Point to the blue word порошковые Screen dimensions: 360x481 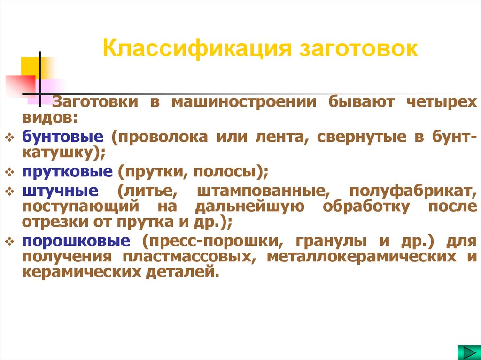pos(76,241)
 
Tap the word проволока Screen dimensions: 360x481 pos(160,138)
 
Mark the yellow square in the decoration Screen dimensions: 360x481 pos(31,66)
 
